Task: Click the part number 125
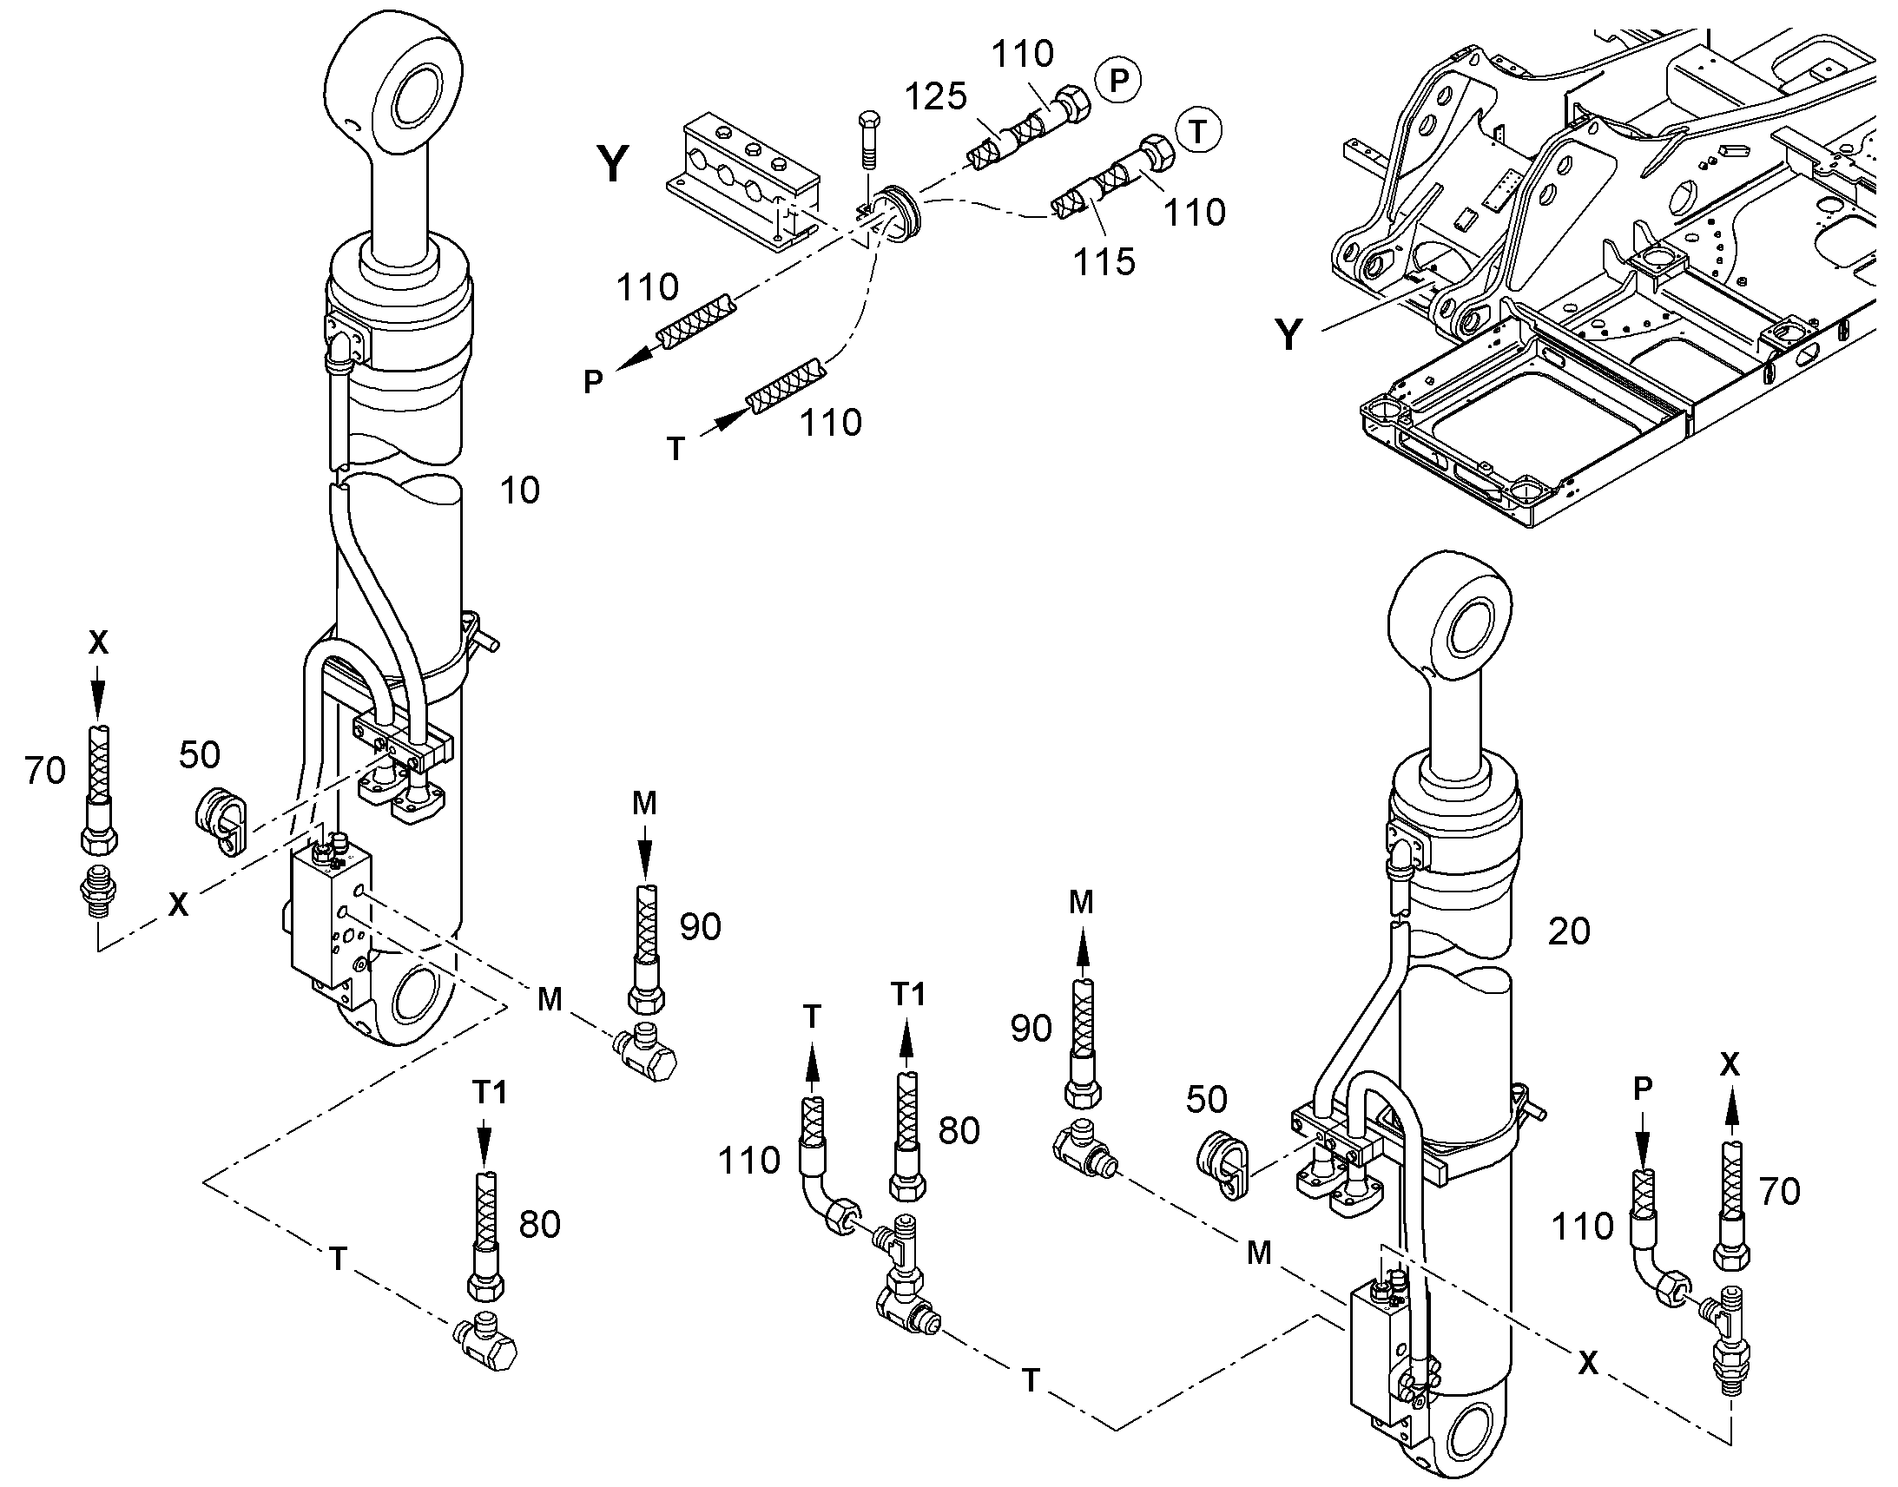click(x=936, y=96)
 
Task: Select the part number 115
click(x=1104, y=261)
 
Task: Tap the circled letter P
click(x=1118, y=80)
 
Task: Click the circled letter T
click(x=1198, y=131)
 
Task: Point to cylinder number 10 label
click(x=520, y=491)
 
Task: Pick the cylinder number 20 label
click(x=1568, y=931)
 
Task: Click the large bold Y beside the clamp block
click(x=613, y=164)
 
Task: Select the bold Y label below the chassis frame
click(x=1288, y=333)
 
